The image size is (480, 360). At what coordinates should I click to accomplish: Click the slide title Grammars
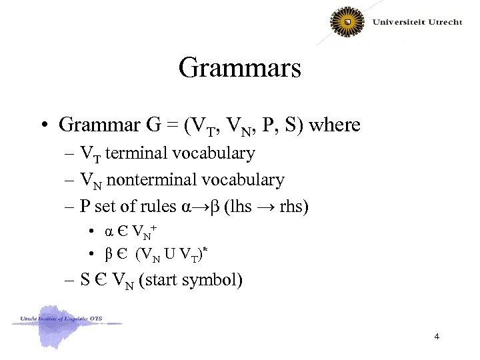tap(240, 67)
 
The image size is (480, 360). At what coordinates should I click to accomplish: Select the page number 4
tap(436, 336)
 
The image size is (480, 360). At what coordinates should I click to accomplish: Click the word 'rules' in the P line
tap(155, 206)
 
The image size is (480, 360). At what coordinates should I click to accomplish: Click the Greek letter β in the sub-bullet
tap(109, 254)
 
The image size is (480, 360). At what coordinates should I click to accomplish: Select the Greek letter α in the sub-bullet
tap(109, 232)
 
